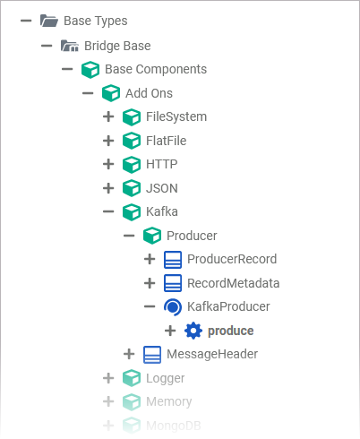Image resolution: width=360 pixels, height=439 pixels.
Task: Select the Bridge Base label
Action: pyautogui.click(x=117, y=45)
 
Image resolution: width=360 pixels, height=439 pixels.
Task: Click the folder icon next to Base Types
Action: pyautogui.click(x=48, y=21)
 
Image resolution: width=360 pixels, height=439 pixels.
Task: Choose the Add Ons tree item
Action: pyautogui.click(x=149, y=92)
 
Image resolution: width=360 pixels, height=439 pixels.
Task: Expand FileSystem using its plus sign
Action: pyautogui.click(x=108, y=116)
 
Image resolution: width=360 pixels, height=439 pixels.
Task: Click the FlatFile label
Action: pyautogui.click(x=166, y=140)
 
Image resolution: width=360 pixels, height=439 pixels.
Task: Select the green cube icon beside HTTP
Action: pyautogui.click(x=132, y=164)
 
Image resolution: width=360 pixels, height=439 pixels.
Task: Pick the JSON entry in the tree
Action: pyautogui.click(x=161, y=187)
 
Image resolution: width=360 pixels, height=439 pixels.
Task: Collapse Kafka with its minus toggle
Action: pyautogui.click(x=108, y=211)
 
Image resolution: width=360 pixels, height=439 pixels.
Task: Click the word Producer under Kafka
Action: pyautogui.click(x=192, y=235)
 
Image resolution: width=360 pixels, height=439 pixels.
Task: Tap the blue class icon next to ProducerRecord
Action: pyautogui.click(x=173, y=260)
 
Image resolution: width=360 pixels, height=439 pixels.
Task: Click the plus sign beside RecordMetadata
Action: pyautogui.click(x=150, y=283)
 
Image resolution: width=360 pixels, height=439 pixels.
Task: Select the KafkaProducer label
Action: pyautogui.click(x=228, y=306)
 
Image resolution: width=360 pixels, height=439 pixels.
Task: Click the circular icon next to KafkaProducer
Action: pyautogui.click(x=173, y=306)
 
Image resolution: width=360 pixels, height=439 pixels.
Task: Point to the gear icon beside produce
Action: pyautogui.click(x=193, y=331)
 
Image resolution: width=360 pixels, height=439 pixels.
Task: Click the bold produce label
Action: pyautogui.click(x=230, y=331)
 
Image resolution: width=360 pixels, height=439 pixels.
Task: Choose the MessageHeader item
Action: pyautogui.click(x=211, y=354)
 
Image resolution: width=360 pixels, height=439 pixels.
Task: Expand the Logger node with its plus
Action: pyautogui.click(x=108, y=378)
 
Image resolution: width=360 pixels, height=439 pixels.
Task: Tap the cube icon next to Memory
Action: pyautogui.click(x=132, y=401)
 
